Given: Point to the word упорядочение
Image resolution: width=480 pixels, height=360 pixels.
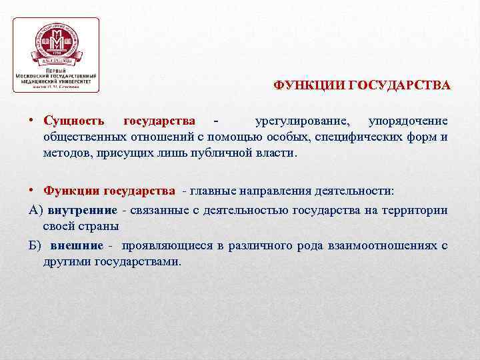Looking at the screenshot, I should click(408, 121).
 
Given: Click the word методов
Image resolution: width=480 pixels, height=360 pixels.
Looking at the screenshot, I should click(64, 153).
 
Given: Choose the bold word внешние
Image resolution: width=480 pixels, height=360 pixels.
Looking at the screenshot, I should click(75, 245).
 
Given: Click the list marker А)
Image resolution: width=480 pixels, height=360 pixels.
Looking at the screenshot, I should click(36, 210).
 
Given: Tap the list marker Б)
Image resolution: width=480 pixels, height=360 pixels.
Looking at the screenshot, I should click(35, 245).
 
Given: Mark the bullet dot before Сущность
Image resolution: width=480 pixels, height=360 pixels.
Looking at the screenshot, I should click(32, 121).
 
